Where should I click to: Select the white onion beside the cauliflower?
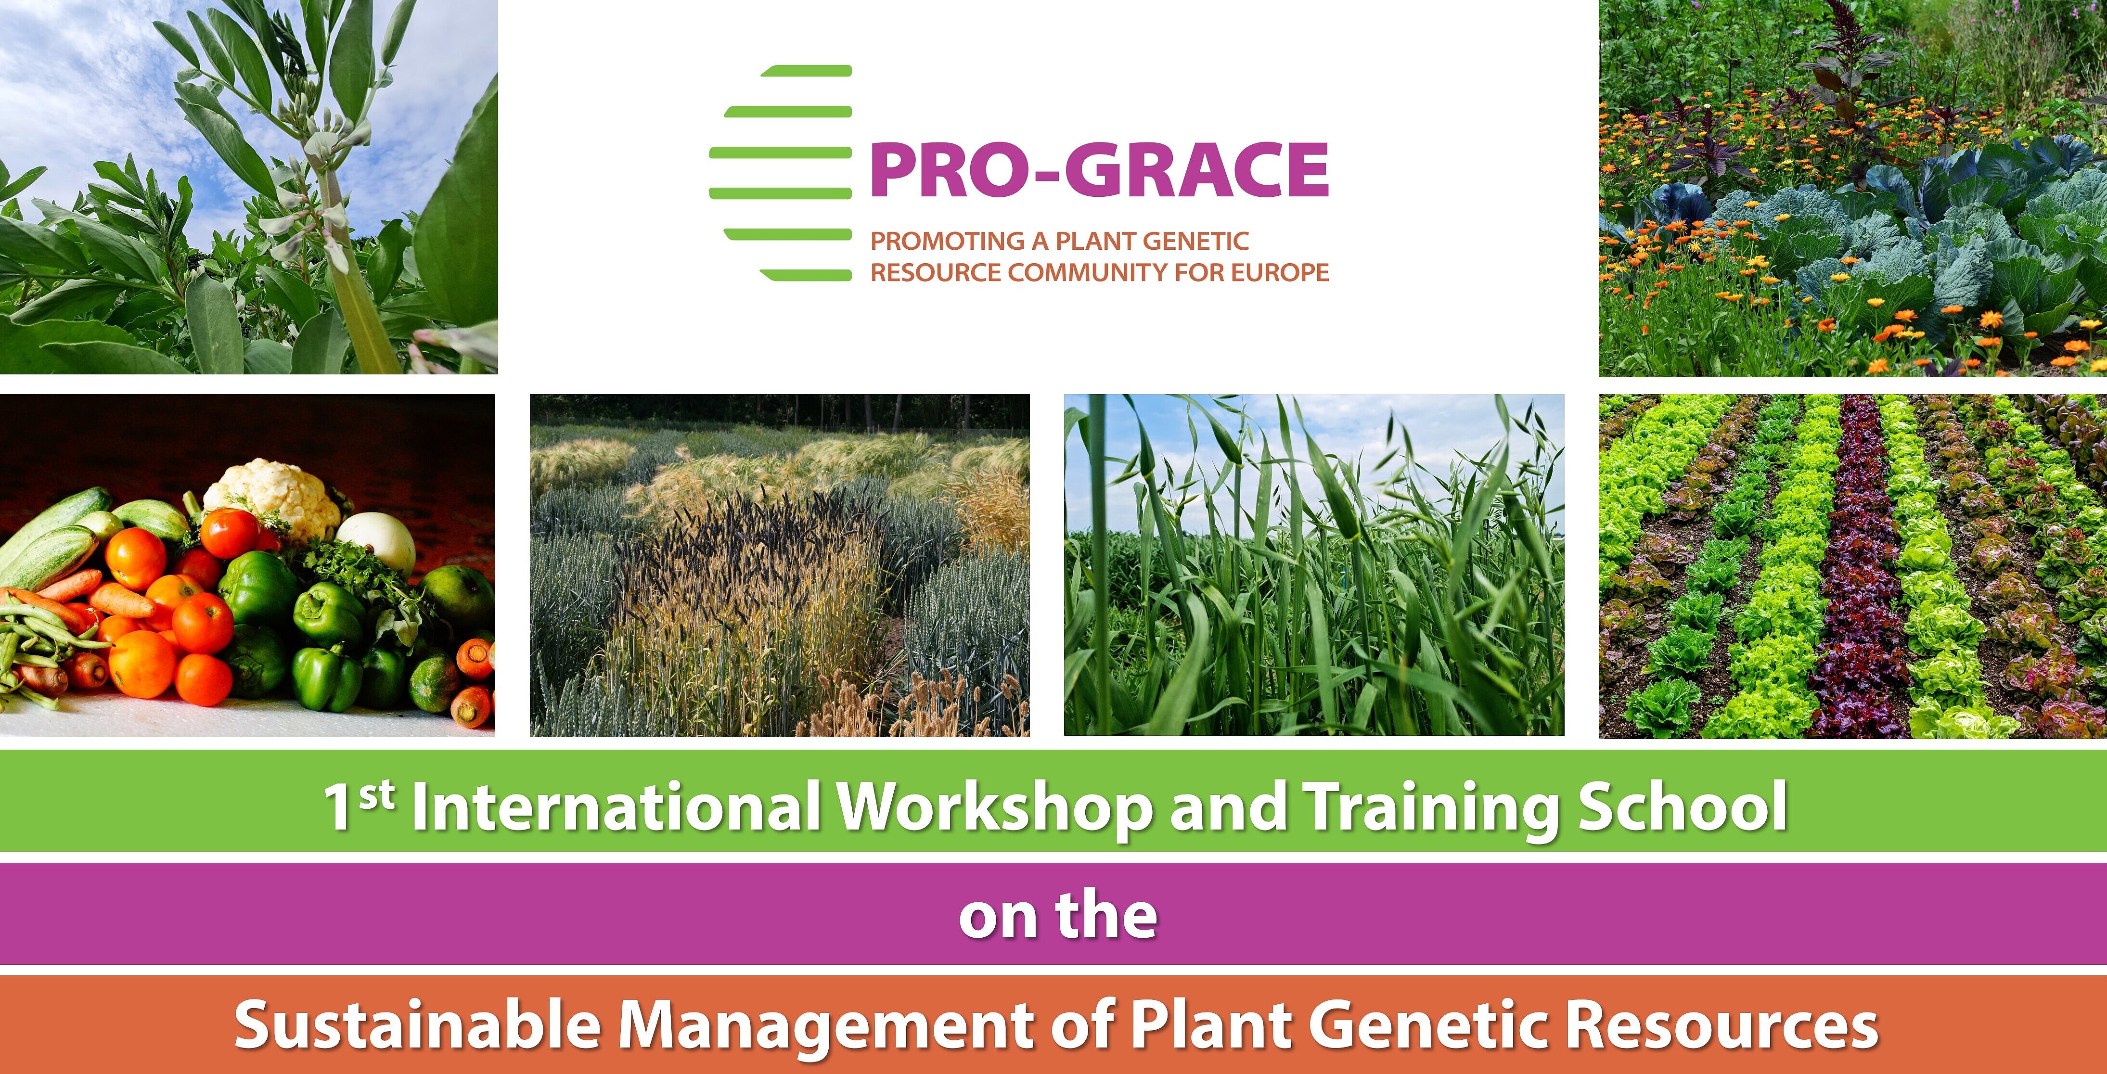click(376, 541)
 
